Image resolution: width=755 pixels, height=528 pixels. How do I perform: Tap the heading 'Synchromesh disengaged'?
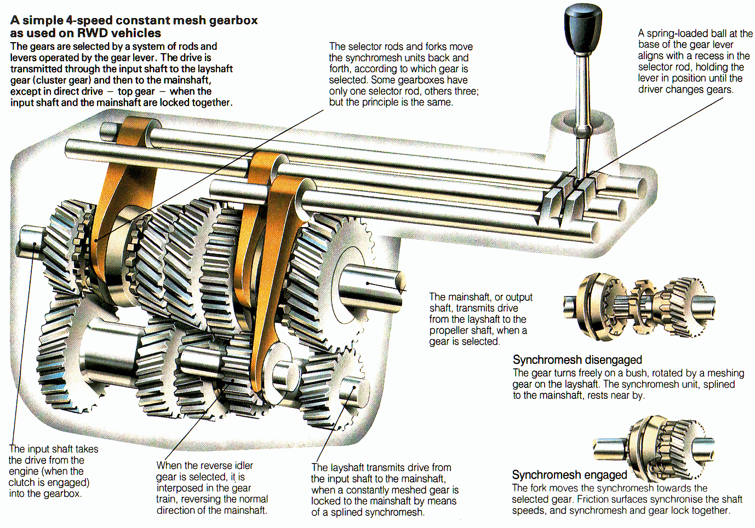pos(577,360)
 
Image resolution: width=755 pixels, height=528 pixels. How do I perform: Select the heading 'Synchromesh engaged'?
pos(569,475)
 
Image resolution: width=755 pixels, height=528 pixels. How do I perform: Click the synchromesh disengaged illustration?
pos(639,307)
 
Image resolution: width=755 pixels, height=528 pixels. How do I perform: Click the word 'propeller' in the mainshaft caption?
pos(450,330)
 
